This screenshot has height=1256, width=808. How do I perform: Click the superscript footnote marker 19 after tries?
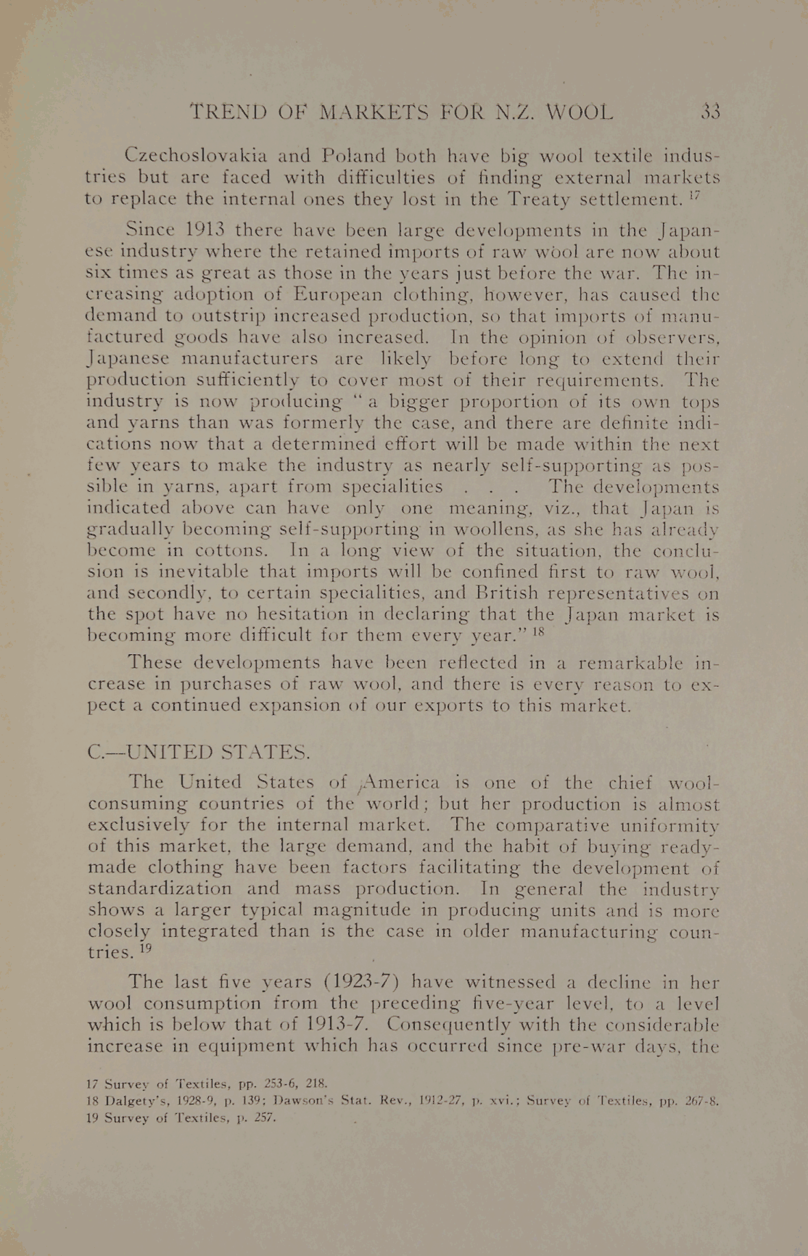145,948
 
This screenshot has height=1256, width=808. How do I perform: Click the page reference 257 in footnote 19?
265,1117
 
